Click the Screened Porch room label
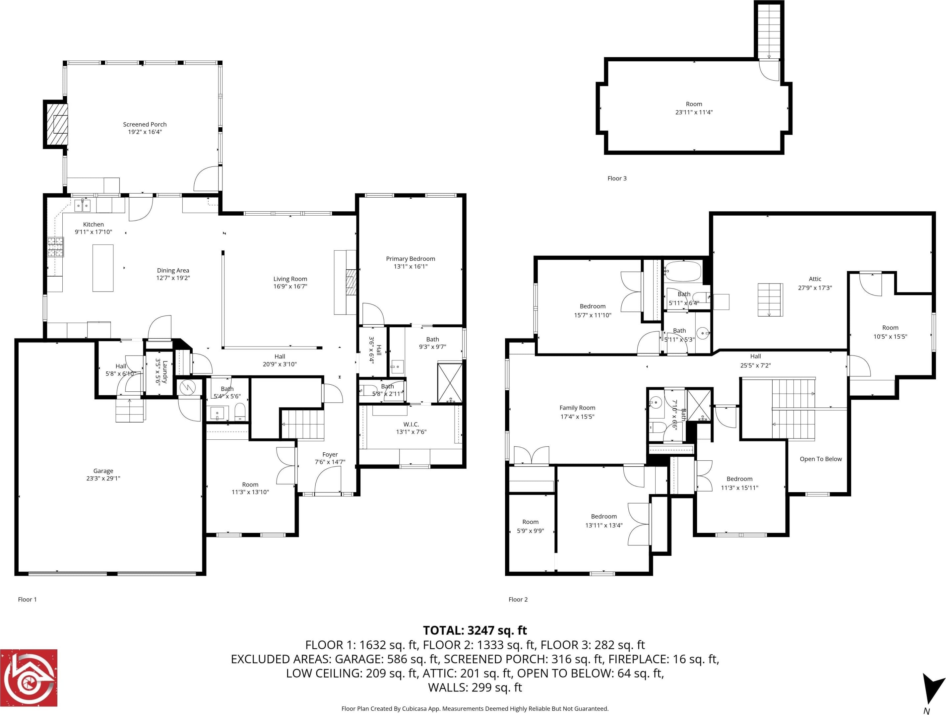click(x=145, y=124)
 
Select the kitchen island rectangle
click(x=103, y=268)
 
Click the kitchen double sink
click(x=83, y=206)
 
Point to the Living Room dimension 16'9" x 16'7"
click(x=290, y=287)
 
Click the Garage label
click(x=103, y=471)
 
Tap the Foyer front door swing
click(x=328, y=480)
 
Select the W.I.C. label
click(x=411, y=424)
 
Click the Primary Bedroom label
click(x=410, y=259)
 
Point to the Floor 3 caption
click(x=617, y=178)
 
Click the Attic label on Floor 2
click(x=815, y=279)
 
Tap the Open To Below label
click(x=821, y=459)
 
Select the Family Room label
click(x=577, y=408)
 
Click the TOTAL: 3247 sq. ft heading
click(x=475, y=630)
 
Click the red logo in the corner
click(x=29, y=678)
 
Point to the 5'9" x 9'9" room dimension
click(x=530, y=531)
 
